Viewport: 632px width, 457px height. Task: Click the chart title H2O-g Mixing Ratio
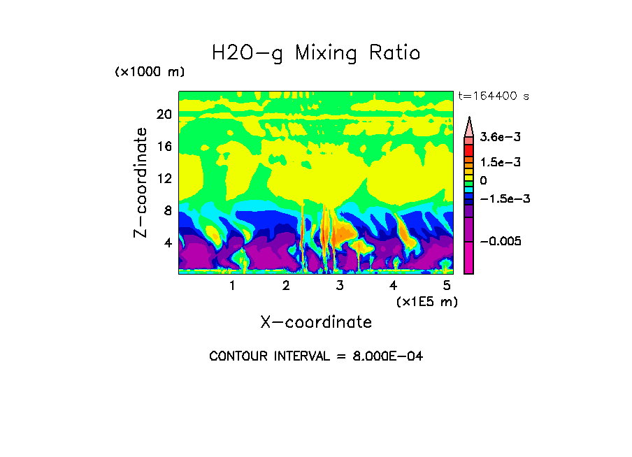pyautogui.click(x=316, y=53)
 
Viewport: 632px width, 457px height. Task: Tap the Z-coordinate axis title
pyautogui.click(x=141, y=182)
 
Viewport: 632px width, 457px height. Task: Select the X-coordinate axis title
pyautogui.click(x=316, y=322)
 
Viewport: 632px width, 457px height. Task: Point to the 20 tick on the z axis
pyautogui.click(x=164, y=115)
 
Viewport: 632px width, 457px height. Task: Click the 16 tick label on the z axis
pyautogui.click(x=164, y=147)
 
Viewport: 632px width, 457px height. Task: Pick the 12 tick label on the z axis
pyautogui.click(x=164, y=179)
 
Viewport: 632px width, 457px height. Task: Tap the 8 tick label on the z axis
pyautogui.click(x=167, y=211)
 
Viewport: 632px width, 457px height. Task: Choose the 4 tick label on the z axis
pyautogui.click(x=167, y=243)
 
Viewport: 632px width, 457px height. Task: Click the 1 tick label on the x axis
pyautogui.click(x=232, y=286)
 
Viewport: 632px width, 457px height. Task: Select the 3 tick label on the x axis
pyautogui.click(x=340, y=286)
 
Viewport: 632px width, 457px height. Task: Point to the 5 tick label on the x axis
pyautogui.click(x=447, y=286)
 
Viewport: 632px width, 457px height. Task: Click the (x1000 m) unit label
pyautogui.click(x=150, y=73)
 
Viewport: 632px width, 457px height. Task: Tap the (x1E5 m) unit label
pyautogui.click(x=426, y=301)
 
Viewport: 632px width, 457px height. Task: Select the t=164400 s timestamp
pyautogui.click(x=493, y=96)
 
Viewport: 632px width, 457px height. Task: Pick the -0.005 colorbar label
pyautogui.click(x=500, y=241)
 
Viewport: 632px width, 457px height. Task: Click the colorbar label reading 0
pyautogui.click(x=483, y=180)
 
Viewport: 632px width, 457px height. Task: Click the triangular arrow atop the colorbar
pyautogui.click(x=469, y=126)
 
